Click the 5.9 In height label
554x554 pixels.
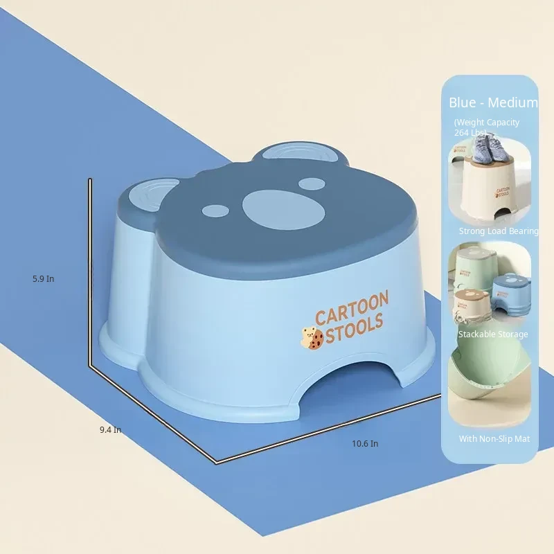click(x=44, y=279)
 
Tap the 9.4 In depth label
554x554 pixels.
click(x=110, y=429)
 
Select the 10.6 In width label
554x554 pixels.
click(x=365, y=443)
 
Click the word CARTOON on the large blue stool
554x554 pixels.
click(x=352, y=307)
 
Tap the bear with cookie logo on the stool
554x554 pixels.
click(x=312, y=338)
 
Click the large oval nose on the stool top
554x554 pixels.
click(x=284, y=210)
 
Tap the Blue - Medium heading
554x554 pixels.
click(x=493, y=102)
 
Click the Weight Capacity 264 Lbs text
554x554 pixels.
click(x=487, y=127)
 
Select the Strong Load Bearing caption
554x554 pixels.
click(x=499, y=231)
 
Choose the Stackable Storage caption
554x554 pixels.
click(x=493, y=334)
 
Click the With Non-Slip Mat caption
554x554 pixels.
click(x=494, y=439)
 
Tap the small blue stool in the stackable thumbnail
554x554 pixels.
click(x=512, y=294)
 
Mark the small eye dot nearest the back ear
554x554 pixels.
click(x=312, y=184)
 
